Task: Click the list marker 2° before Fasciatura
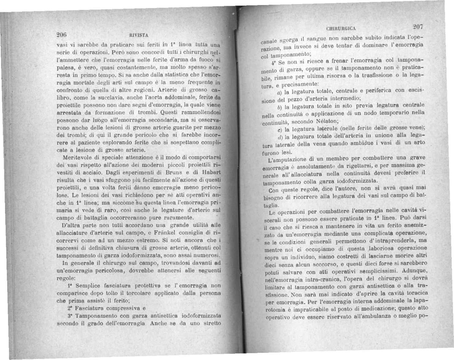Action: click(69, 307)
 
